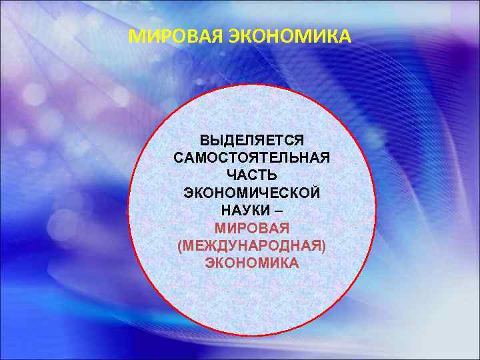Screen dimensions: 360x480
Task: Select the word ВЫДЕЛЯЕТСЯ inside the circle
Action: tap(251, 141)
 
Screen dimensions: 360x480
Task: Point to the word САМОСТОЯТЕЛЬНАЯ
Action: tap(251, 159)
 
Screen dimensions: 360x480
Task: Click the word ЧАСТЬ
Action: tap(251, 176)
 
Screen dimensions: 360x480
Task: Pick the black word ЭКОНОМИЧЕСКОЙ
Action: tap(251, 193)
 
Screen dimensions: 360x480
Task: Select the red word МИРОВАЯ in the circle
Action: tap(251, 228)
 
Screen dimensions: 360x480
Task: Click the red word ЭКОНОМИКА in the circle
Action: tap(251, 263)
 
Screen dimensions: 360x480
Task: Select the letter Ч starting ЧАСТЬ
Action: tap(230, 176)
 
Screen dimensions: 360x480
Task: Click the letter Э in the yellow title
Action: tap(235, 35)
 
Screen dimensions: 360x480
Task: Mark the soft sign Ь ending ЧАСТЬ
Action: tap(273, 176)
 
